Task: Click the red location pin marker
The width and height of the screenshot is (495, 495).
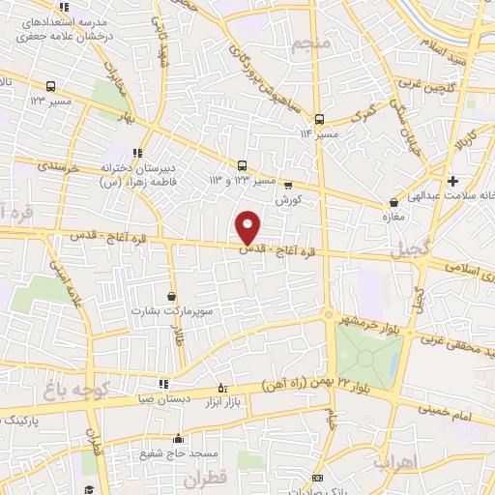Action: [248, 227]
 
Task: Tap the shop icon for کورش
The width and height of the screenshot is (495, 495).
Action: [287, 186]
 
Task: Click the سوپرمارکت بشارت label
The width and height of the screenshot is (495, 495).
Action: [172, 312]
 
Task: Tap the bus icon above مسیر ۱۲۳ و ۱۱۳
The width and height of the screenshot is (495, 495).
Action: [242, 164]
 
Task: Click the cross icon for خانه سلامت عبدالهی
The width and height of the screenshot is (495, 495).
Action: [452, 181]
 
